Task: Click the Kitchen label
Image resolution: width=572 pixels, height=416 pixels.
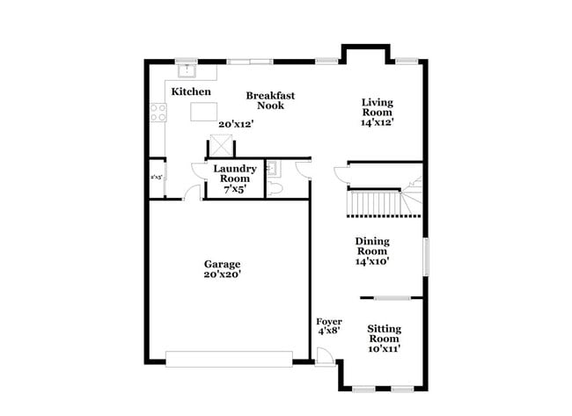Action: point(191,91)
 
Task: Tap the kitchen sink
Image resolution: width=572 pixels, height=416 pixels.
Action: point(187,67)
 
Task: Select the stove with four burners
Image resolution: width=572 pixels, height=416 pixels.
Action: point(158,112)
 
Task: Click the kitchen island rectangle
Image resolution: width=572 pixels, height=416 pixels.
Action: point(204,111)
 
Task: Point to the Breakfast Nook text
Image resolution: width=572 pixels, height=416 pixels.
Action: point(270,100)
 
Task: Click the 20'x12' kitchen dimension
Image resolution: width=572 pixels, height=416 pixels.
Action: point(236,124)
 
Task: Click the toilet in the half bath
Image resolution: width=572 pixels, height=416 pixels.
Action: point(274,187)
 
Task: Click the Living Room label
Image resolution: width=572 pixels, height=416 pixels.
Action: point(377,112)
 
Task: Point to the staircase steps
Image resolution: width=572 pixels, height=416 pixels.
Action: point(377,203)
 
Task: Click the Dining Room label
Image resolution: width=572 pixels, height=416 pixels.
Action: point(372,250)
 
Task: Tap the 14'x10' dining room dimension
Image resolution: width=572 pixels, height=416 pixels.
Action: point(372,261)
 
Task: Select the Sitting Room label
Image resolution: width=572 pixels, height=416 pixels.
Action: point(385,338)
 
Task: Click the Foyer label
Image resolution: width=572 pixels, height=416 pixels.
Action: point(328,326)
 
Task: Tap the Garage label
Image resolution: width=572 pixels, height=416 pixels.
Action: point(223,269)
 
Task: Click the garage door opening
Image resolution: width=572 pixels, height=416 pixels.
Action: point(229,359)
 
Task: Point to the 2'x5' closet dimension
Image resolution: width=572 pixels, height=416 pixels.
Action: point(157,176)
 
